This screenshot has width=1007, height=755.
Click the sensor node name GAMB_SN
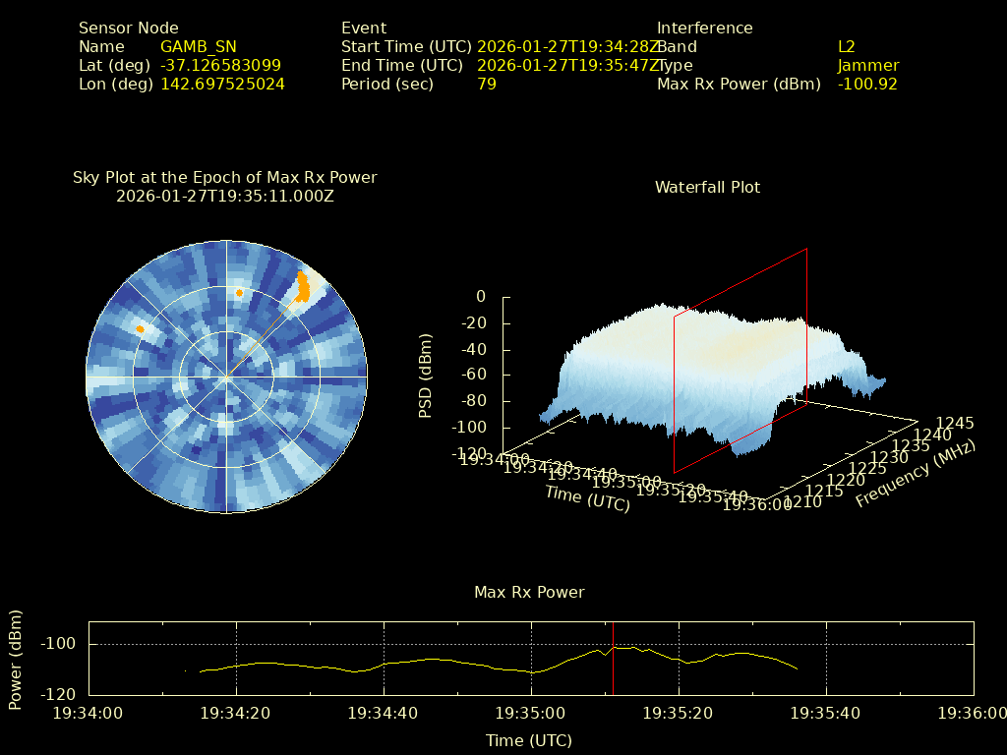[198, 47]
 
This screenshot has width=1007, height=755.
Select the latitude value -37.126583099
[220, 66]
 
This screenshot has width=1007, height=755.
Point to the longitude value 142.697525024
[222, 85]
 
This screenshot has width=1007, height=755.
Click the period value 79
[487, 85]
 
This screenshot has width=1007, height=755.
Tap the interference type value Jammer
[867, 66]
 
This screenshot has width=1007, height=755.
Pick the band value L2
[847, 47]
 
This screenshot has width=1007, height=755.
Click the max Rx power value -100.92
[867, 85]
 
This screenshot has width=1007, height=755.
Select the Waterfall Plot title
[707, 187]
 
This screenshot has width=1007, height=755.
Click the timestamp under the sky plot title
[225, 196]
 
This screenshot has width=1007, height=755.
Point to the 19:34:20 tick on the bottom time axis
[236, 713]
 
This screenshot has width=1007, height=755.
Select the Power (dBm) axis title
[16, 659]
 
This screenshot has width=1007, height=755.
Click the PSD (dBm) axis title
[426, 376]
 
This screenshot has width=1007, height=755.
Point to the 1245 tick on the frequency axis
[954, 424]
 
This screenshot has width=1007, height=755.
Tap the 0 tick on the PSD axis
[481, 297]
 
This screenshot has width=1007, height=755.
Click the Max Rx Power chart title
[529, 593]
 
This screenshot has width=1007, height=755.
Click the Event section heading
[364, 29]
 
